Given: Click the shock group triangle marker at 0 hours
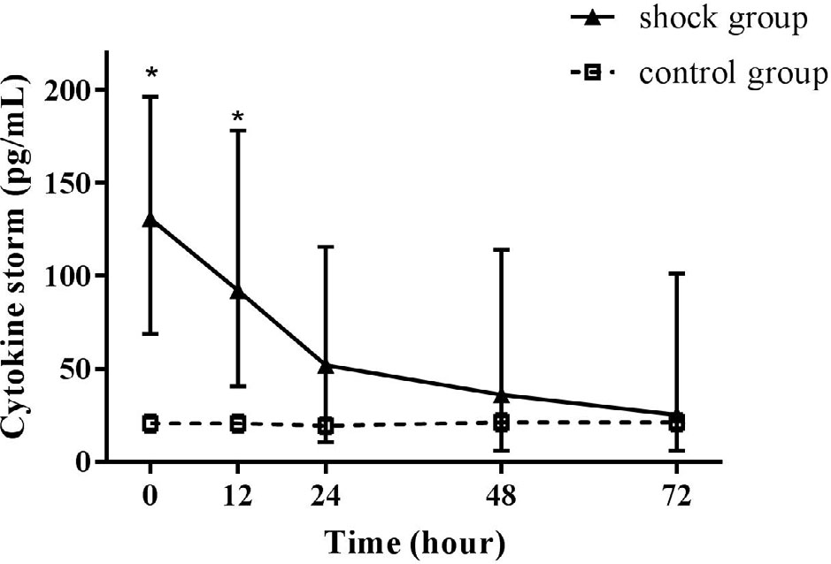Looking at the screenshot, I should click(x=150, y=219).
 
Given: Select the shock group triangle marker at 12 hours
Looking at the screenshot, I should click(x=237, y=291).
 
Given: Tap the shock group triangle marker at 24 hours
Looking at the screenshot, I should click(x=325, y=364).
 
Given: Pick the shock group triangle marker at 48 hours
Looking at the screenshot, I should click(x=501, y=394).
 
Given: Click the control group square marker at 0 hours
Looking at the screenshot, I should click(x=150, y=423).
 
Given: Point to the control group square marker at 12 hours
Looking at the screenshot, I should click(x=237, y=423).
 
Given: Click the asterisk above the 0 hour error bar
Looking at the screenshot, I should click(x=150, y=72).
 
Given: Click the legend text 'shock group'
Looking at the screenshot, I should click(x=723, y=19).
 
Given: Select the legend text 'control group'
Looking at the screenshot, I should click(x=733, y=73).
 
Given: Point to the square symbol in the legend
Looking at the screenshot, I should click(x=593, y=74).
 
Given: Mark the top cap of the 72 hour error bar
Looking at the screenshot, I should click(x=677, y=274).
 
